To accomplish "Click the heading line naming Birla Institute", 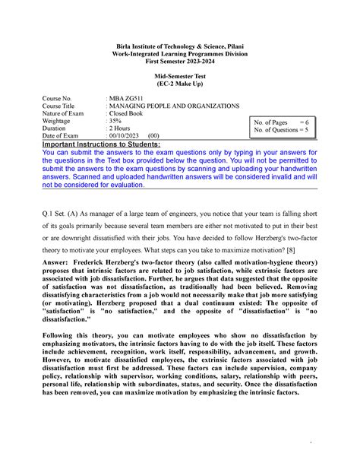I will [x=180, y=48].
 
